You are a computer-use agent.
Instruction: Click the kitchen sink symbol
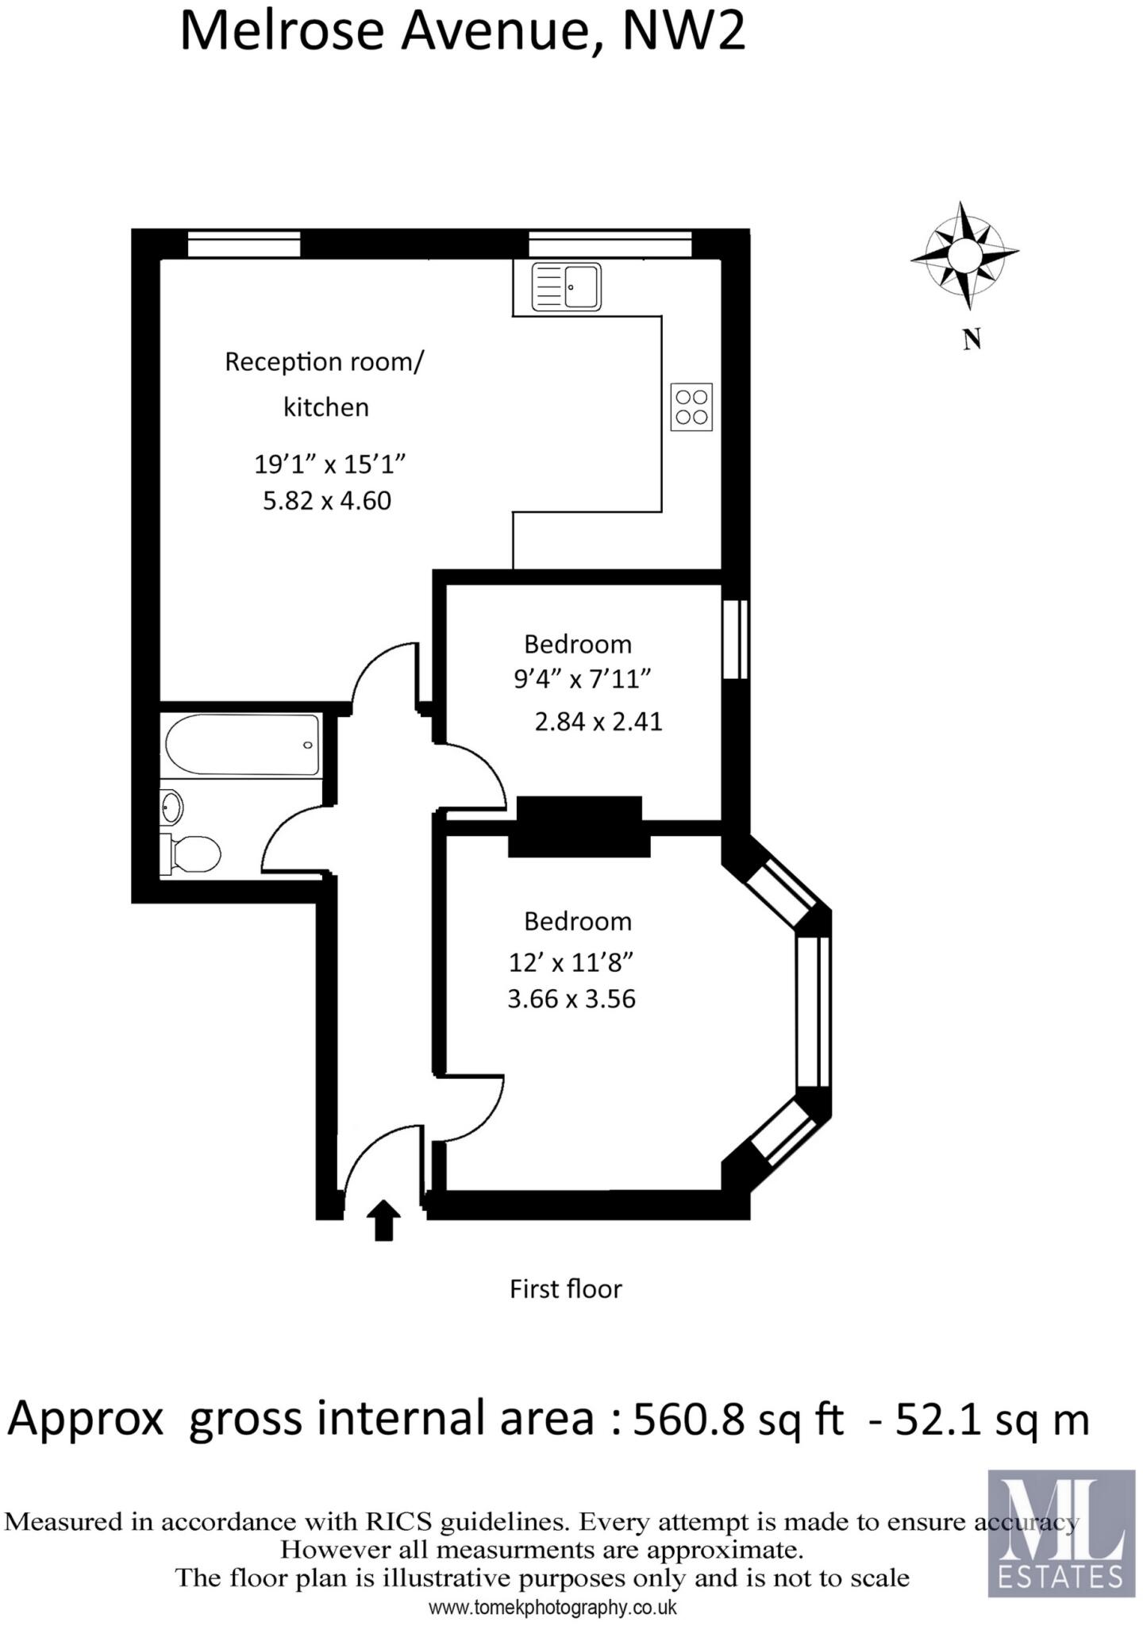click(567, 287)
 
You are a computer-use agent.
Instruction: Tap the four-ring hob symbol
click(691, 407)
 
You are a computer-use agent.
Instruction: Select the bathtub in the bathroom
click(242, 745)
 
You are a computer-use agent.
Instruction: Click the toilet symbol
click(192, 854)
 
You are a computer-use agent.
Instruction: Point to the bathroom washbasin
click(171, 808)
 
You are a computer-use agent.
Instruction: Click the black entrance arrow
click(383, 1219)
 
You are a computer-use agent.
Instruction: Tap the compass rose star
click(964, 255)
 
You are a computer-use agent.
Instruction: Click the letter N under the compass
click(972, 340)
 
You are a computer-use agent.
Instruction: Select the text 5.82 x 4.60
click(327, 501)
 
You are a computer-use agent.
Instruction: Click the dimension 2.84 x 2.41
click(598, 722)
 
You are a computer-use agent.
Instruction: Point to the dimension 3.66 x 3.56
click(571, 998)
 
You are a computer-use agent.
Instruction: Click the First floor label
click(565, 1288)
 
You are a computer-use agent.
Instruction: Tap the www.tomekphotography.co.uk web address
click(552, 1608)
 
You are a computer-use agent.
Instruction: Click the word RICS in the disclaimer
click(398, 1522)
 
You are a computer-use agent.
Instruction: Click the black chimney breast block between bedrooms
click(579, 827)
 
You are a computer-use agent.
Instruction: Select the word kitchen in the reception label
click(326, 407)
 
